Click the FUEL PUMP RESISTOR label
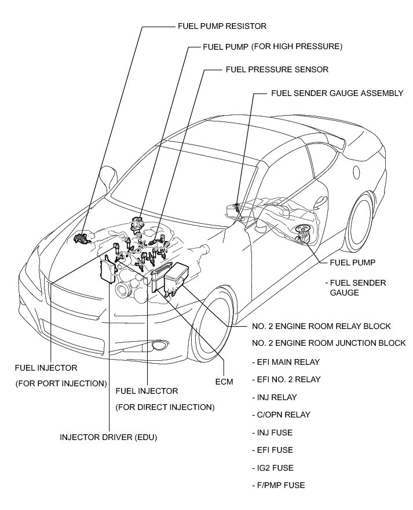point(221,26)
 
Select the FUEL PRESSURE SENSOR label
point(277,69)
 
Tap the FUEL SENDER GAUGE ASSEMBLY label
point(337,93)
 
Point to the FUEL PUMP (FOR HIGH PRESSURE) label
point(273,46)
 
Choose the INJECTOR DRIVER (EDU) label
point(108,437)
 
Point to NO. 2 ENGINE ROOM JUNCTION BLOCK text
point(328,343)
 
